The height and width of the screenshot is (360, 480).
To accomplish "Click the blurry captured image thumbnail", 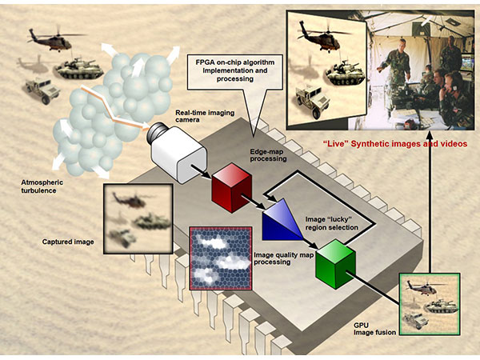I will point(138,217).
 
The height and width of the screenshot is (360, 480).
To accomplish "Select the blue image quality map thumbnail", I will point(220,258).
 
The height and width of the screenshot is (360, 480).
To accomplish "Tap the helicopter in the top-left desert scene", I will point(51,38).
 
